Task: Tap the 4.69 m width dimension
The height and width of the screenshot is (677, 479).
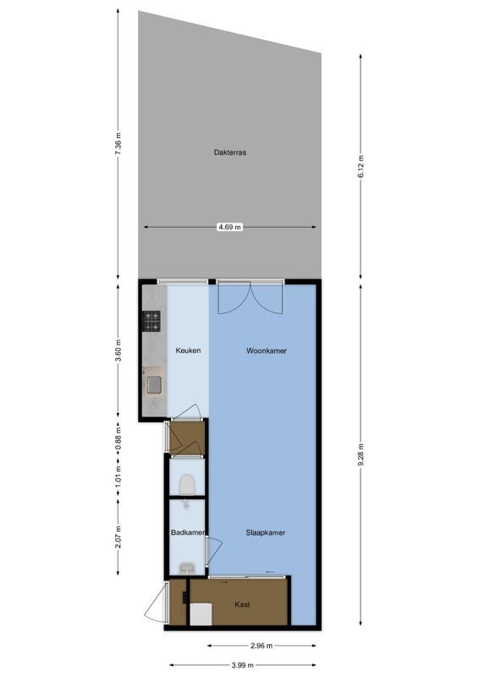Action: [230, 227]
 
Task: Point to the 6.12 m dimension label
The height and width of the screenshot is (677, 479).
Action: [361, 164]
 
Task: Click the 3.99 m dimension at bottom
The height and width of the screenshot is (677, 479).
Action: [244, 664]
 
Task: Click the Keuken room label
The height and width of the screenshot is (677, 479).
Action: [188, 350]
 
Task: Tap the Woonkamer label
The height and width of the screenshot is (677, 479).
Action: [266, 350]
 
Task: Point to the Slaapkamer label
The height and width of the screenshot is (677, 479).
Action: [265, 533]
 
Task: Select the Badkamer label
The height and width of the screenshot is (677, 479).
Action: [185, 533]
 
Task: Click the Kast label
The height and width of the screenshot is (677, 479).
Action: [242, 605]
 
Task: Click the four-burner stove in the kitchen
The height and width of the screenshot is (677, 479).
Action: [151, 322]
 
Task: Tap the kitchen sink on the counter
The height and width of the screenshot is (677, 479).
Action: [153, 385]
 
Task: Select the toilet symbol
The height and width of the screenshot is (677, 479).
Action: [188, 484]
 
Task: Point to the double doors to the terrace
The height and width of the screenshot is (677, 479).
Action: [247, 298]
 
